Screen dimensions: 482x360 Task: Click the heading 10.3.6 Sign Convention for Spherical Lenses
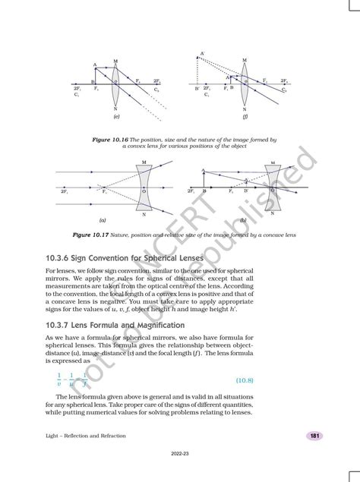coord(121,258)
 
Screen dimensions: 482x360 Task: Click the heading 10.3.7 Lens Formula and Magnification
coord(115,325)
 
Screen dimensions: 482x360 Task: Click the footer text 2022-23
coord(180,471)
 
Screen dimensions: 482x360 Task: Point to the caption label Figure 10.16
coord(110,140)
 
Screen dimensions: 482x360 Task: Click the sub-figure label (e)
coord(115,118)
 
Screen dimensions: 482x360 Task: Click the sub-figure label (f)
coord(245,118)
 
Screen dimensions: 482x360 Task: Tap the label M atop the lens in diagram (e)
coord(115,60)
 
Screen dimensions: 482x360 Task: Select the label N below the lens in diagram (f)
coord(245,109)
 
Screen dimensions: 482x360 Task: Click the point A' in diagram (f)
coord(202,53)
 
